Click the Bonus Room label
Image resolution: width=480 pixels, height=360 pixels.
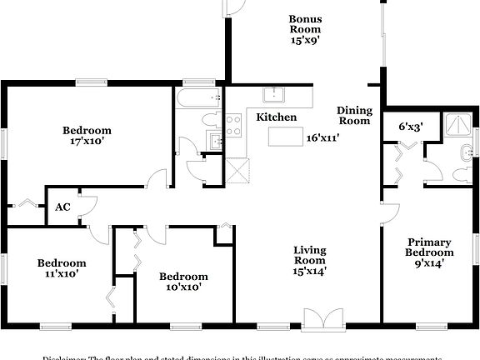pyautogui.click(x=305, y=23)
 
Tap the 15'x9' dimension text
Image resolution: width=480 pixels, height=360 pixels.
pyautogui.click(x=305, y=38)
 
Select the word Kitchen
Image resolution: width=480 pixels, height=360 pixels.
pyautogui.click(x=276, y=117)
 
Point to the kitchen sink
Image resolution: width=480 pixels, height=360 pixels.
pyautogui.click(x=274, y=93)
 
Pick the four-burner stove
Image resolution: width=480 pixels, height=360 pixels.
pyautogui.click(x=233, y=126)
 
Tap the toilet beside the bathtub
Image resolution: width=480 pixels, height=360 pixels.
pyautogui.click(x=209, y=121)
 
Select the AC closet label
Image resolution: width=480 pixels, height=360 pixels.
pyautogui.click(x=62, y=207)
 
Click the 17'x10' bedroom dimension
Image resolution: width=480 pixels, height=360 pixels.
pyautogui.click(x=87, y=142)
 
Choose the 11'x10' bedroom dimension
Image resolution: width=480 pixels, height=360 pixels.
pyautogui.click(x=62, y=273)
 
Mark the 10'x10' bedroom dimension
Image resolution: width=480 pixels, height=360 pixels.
pyautogui.click(x=183, y=287)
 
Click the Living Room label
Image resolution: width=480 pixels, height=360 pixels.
pyautogui.click(x=309, y=255)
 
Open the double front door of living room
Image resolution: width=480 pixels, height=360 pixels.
pyautogui.click(x=321, y=319)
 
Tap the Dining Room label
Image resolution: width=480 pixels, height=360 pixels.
pyautogui.click(x=354, y=116)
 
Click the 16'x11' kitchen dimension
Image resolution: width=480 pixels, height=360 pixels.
pyautogui.click(x=322, y=137)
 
